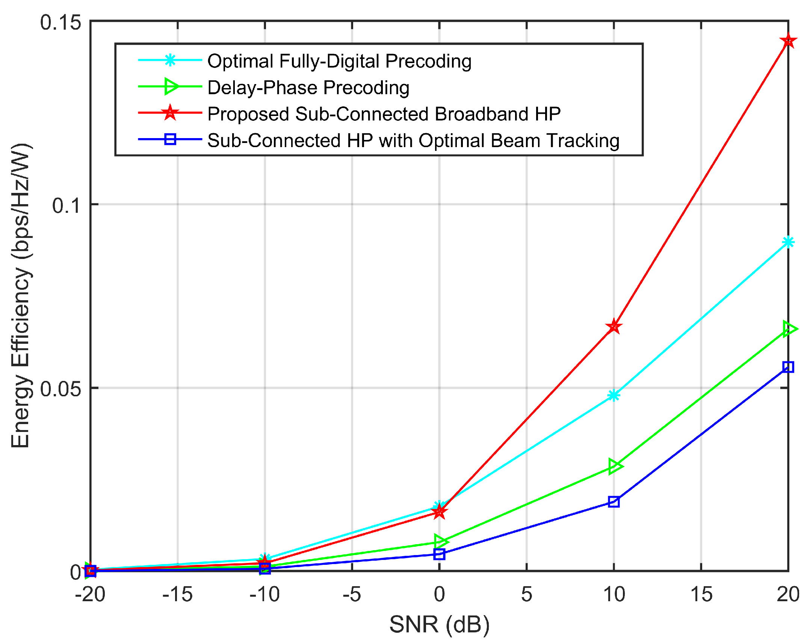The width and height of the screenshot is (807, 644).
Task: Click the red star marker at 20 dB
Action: pos(788,41)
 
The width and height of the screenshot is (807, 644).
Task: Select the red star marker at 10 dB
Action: pos(614,327)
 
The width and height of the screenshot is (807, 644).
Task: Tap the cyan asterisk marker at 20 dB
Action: pos(788,242)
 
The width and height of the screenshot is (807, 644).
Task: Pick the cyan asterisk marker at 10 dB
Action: pos(614,395)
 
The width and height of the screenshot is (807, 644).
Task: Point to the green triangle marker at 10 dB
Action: pos(614,466)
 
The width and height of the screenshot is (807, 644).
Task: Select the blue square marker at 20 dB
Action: pos(788,367)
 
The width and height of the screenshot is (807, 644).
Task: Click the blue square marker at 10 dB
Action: pos(614,501)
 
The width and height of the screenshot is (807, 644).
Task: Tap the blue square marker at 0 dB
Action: pos(439,554)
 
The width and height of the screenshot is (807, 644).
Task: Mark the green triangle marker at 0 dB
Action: pos(440,541)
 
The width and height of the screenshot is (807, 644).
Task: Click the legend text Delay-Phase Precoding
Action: pos(308,87)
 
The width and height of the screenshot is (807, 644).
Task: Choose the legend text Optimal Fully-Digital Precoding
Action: pos(339,61)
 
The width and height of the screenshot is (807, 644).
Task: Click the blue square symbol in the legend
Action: pos(170,140)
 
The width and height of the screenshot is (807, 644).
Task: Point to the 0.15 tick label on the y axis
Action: pos(60,22)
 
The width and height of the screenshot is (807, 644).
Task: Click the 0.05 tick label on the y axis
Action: pos(60,388)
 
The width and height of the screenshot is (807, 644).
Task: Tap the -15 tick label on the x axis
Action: pos(177,594)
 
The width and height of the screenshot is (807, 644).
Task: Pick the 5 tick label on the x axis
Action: pos(526,594)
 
